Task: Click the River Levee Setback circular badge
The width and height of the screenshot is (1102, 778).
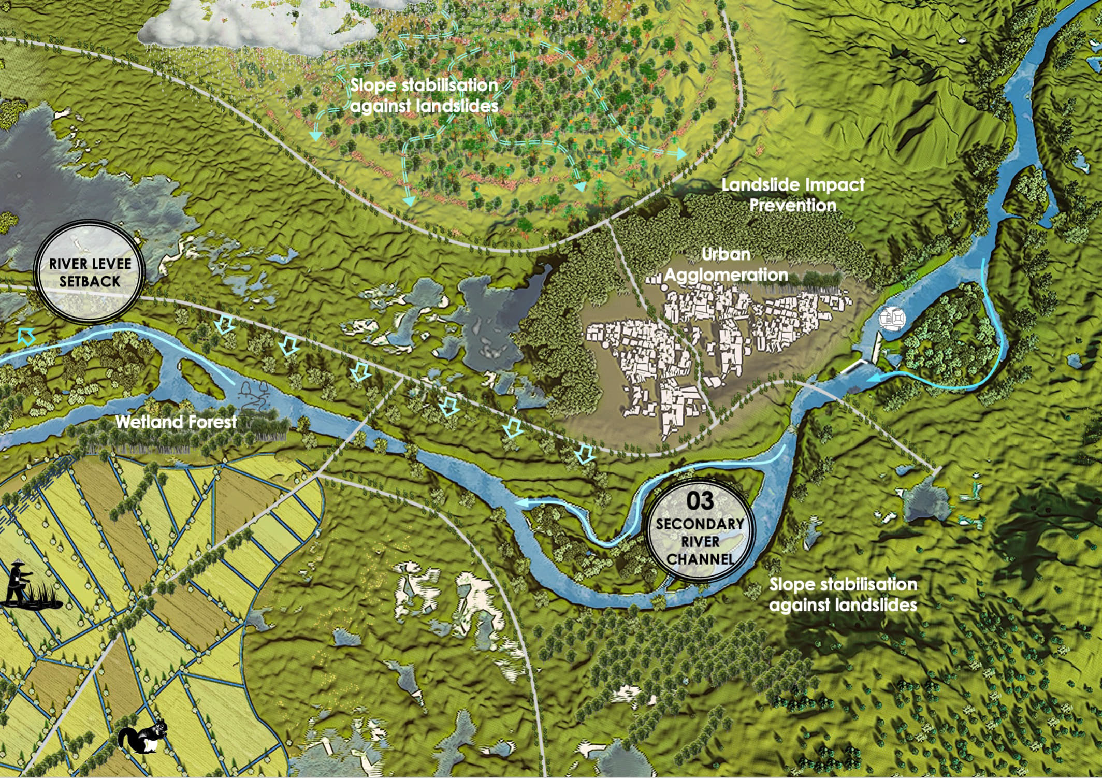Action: (x=89, y=272)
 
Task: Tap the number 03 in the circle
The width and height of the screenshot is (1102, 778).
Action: (x=700, y=500)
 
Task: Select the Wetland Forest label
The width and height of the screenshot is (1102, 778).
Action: (x=176, y=422)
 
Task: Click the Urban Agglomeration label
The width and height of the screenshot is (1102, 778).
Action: (x=726, y=264)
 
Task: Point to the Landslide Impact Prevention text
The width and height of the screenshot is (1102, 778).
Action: (x=793, y=195)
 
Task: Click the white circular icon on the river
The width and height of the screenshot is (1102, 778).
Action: (x=892, y=318)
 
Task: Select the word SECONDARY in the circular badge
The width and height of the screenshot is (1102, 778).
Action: (x=700, y=524)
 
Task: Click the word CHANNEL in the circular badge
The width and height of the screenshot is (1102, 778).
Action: (x=700, y=559)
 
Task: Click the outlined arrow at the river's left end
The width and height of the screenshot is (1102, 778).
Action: (x=26, y=336)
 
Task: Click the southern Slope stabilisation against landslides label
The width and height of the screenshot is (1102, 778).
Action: (x=843, y=595)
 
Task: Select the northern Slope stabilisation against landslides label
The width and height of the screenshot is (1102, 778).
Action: (x=424, y=95)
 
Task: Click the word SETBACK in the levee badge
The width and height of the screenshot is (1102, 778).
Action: (x=90, y=281)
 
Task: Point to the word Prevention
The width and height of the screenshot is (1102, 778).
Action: (x=793, y=206)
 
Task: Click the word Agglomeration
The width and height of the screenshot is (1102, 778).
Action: (x=726, y=275)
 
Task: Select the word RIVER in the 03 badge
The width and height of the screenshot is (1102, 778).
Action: (x=700, y=542)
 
